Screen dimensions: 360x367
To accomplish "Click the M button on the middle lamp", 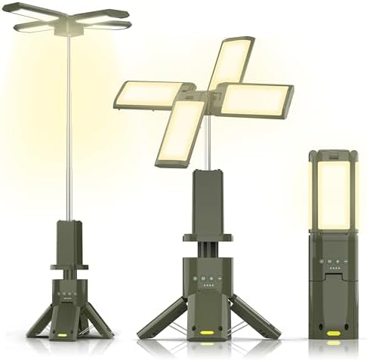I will tap(203, 278).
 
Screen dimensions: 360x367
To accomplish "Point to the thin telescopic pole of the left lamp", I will tap(70, 128).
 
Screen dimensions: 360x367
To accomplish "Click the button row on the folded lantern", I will tap(333, 261).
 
